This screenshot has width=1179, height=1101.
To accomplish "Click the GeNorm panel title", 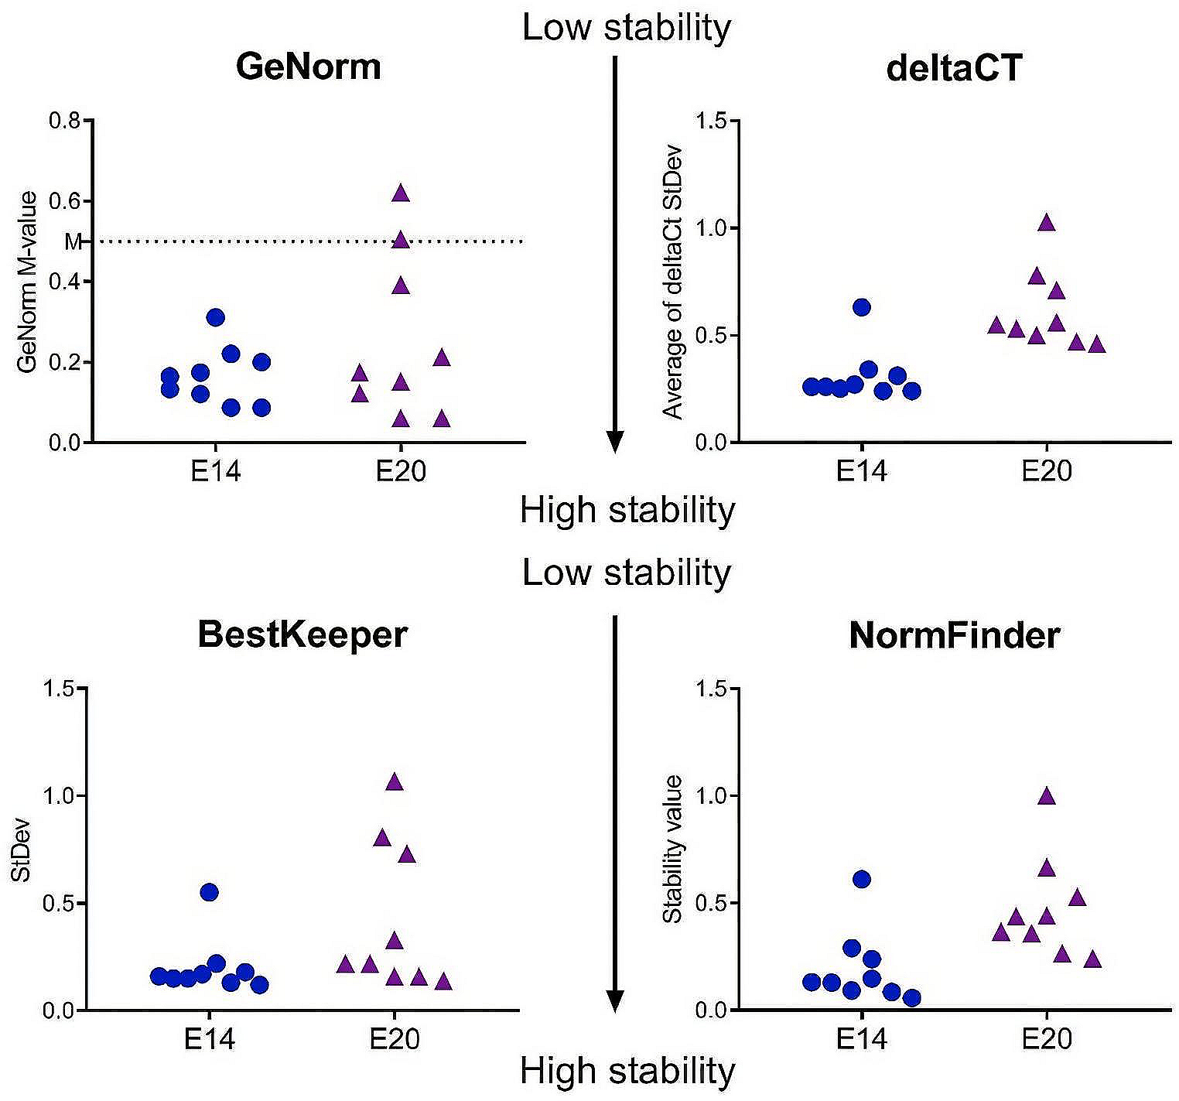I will [x=308, y=67].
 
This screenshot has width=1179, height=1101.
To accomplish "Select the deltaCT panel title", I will [x=954, y=68].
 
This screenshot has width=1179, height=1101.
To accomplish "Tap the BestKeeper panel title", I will [x=302, y=635].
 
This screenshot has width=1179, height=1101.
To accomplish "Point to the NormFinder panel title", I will [x=954, y=636].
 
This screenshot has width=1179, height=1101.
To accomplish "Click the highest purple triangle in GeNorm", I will [x=401, y=193].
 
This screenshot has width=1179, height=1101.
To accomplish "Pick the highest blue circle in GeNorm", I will [x=216, y=317].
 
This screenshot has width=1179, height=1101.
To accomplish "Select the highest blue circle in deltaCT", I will [x=862, y=307].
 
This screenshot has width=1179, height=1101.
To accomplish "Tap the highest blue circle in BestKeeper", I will [x=210, y=892].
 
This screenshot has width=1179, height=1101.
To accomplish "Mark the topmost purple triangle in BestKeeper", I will [x=395, y=782].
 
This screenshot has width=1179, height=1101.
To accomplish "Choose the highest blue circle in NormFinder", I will [x=862, y=879].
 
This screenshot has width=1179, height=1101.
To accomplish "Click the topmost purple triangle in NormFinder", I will [x=1047, y=796].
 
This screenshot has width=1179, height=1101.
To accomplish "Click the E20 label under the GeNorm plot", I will [x=401, y=471].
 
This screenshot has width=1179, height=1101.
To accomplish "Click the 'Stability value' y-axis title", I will [x=673, y=849].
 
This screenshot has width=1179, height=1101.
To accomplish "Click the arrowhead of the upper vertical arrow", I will [x=614, y=442].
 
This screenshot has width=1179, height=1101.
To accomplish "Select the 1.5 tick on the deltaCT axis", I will [x=711, y=121].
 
